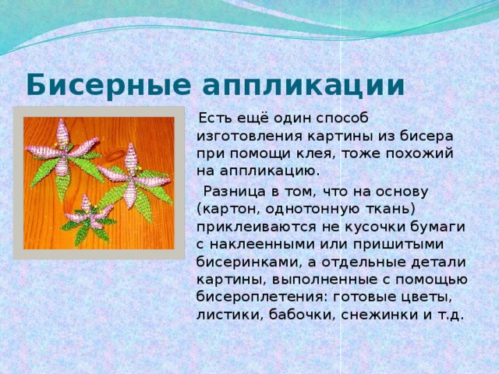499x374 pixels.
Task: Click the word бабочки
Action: [x=299, y=315]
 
